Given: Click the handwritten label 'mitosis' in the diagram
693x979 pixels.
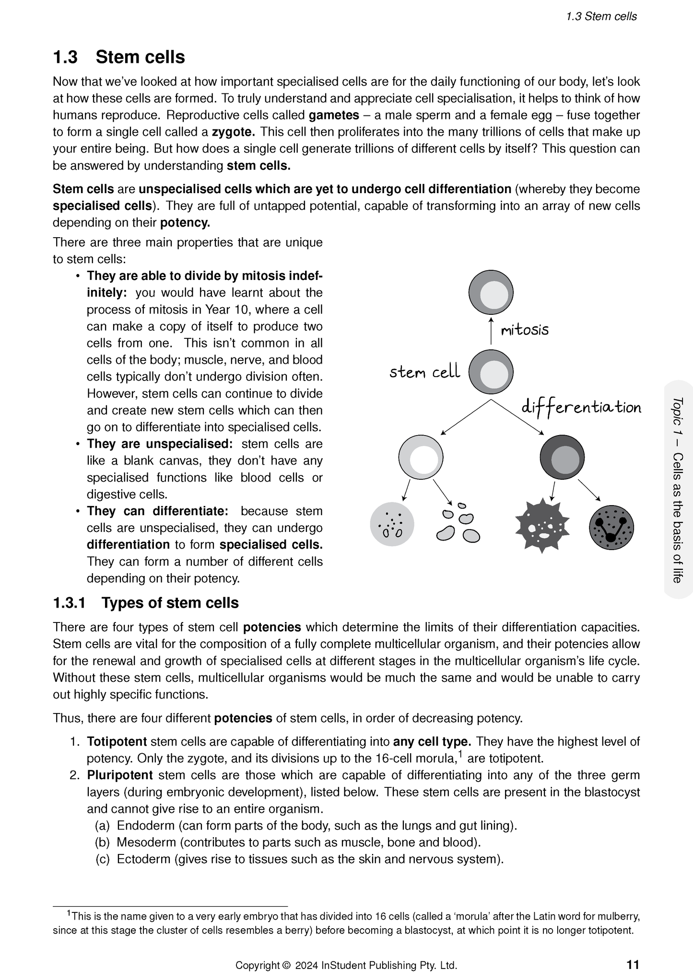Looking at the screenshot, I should coord(524,330).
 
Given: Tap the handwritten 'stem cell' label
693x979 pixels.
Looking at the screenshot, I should coord(424,372).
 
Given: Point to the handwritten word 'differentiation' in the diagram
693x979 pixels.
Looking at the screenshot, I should coord(581,407).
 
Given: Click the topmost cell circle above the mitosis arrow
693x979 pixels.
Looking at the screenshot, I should coord(491,292).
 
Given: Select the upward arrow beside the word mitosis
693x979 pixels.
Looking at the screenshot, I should coord(491,331).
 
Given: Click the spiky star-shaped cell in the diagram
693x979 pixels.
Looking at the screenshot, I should coord(542,525).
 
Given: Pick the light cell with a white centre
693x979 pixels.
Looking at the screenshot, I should coord(421,457).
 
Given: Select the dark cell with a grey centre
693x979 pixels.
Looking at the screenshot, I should coord(562,457).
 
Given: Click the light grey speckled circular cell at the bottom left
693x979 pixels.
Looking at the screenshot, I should coord(392,525).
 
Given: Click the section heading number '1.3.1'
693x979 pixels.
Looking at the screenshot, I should coord(69,603).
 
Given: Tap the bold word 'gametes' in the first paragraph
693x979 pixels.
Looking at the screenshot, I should coord(334,115).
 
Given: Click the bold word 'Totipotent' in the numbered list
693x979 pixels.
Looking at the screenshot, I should coord(117,742).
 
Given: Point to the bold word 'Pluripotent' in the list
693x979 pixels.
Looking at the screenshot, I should coord(119,775).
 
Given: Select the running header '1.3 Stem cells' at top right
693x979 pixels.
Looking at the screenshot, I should coord(601,16).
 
